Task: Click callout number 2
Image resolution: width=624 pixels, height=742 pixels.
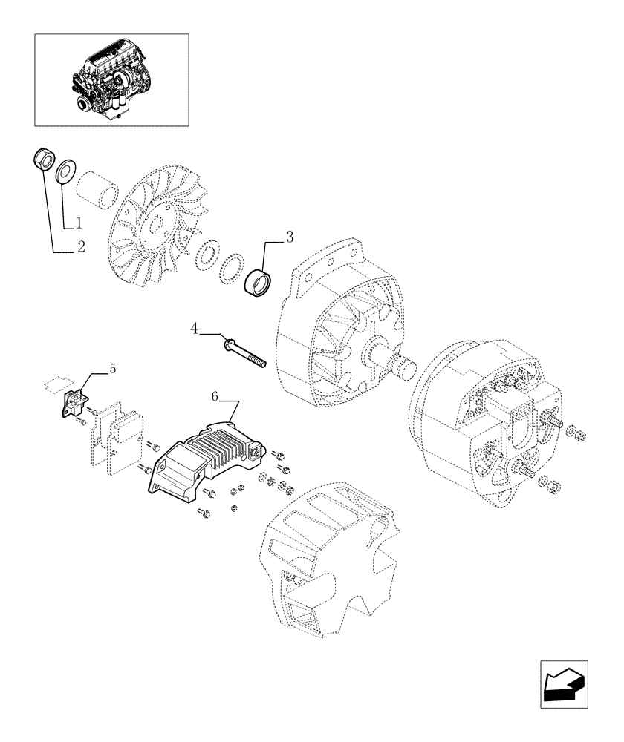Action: tap(81, 247)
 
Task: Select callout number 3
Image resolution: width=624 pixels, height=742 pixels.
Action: tap(290, 238)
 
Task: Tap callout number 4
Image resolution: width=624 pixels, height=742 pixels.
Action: tap(194, 327)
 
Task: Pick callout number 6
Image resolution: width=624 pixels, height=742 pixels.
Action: tap(214, 398)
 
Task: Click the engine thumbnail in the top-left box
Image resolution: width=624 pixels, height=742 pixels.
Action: tap(111, 79)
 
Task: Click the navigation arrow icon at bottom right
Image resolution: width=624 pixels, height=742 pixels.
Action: tap(564, 683)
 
